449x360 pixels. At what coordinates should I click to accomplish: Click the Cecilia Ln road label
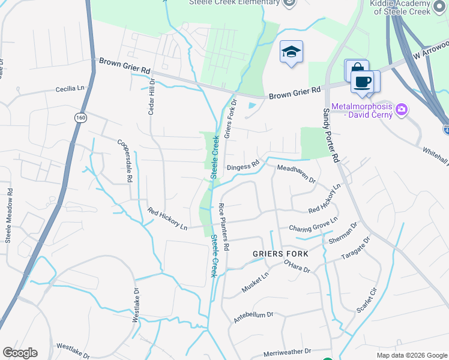click(x=70, y=89)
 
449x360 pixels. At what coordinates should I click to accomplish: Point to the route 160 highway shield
click(x=80, y=119)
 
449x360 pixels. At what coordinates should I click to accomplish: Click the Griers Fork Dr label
click(x=231, y=119)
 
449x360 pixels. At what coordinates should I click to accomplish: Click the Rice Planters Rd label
click(x=224, y=226)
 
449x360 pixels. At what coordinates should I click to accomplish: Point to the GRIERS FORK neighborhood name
click(x=280, y=254)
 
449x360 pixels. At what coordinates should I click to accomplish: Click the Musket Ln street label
click(x=255, y=281)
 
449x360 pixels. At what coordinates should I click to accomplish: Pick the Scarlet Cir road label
click(x=365, y=300)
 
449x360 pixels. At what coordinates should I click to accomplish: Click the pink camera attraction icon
click(x=402, y=110)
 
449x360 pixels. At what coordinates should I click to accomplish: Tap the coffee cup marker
click(x=362, y=82)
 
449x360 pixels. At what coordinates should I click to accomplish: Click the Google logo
click(x=20, y=353)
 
